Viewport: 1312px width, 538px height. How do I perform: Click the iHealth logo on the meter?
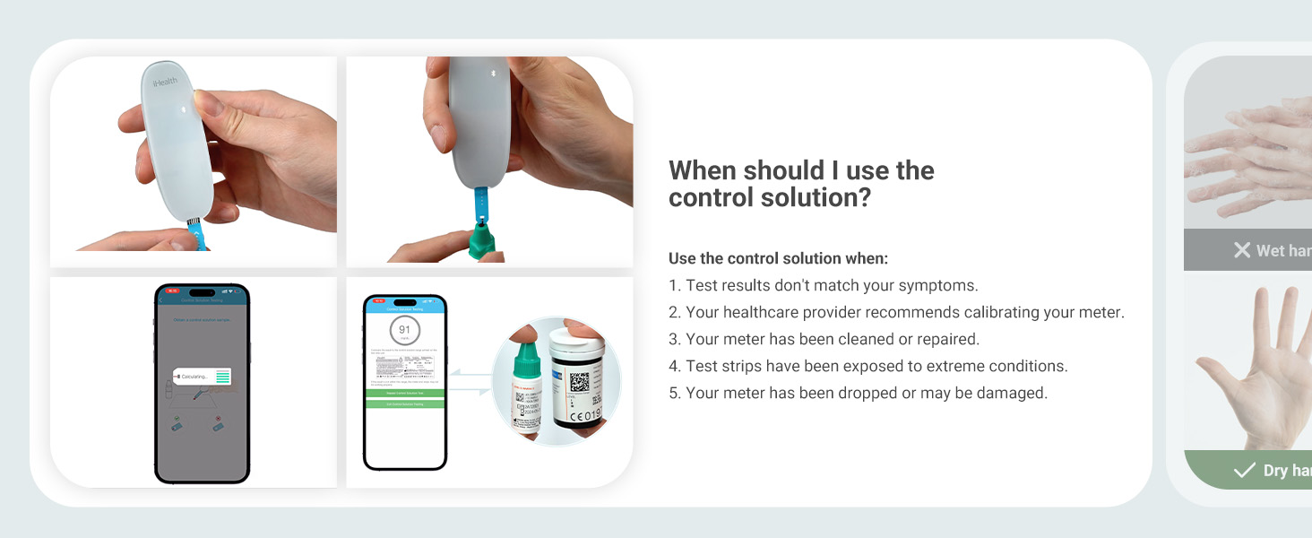point(165,82)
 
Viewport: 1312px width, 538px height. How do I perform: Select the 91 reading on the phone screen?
point(404,330)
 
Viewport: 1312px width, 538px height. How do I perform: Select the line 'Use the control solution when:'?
point(778,259)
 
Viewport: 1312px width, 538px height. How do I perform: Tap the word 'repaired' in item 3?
point(946,340)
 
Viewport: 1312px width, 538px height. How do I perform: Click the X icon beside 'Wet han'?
point(1241,250)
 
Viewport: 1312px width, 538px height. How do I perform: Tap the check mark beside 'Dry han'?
point(1244,470)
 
